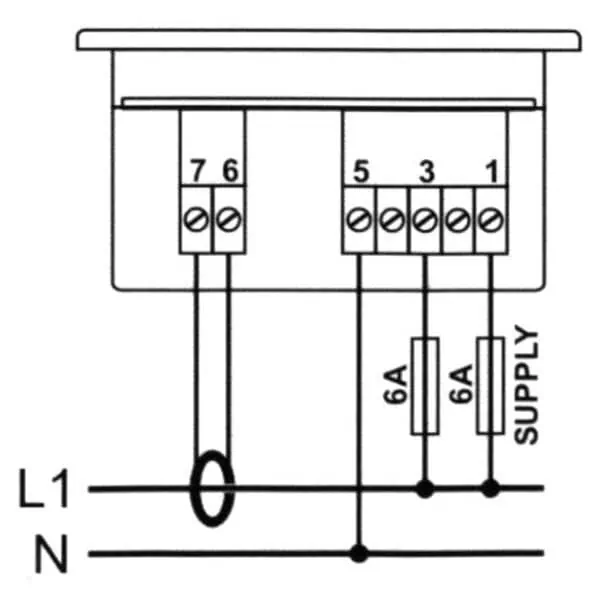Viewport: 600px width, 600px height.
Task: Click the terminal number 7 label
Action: tap(197, 171)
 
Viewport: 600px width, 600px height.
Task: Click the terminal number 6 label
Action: tap(230, 170)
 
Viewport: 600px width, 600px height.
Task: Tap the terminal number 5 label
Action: tap(361, 172)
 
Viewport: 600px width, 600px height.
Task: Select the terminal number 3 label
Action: tap(427, 172)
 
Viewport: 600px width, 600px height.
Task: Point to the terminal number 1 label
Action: tap(492, 172)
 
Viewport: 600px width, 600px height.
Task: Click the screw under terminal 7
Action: tap(196, 220)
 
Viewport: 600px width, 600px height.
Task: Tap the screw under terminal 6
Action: tap(229, 220)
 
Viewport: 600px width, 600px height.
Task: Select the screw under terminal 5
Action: tap(359, 220)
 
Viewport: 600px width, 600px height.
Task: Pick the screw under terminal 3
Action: tap(425, 220)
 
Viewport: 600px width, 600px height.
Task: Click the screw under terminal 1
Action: tap(491, 220)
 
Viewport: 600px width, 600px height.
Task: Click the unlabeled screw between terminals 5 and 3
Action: tap(392, 220)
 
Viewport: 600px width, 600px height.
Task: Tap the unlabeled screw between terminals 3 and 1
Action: tap(458, 220)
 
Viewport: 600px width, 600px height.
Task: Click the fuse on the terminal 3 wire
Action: tap(425, 386)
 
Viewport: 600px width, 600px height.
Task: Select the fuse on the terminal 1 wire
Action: tap(490, 386)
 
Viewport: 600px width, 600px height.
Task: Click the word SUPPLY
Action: tap(526, 385)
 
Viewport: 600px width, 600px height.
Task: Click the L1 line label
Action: tap(44, 489)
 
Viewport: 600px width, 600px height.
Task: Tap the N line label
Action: tap(51, 554)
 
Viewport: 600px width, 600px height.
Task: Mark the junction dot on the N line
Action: tap(359, 553)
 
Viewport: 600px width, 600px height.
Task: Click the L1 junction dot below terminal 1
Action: tap(490, 488)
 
